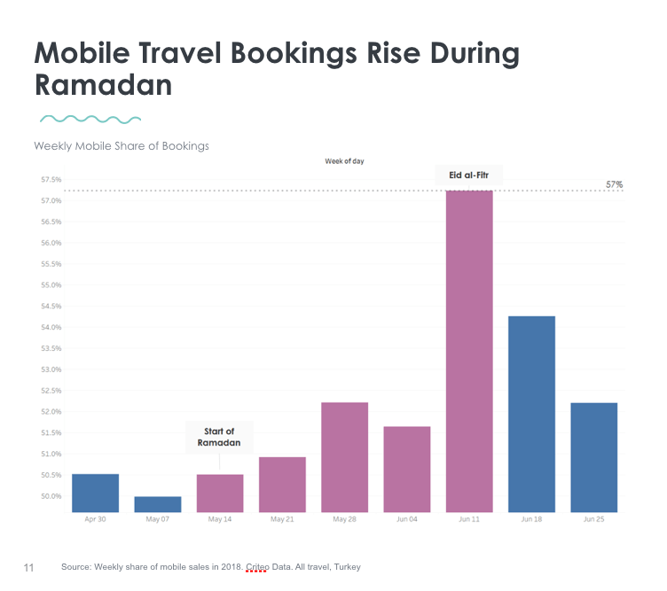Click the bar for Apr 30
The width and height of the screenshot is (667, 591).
(95, 493)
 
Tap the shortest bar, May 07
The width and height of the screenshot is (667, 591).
(157, 504)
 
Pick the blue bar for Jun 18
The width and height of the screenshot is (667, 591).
(531, 414)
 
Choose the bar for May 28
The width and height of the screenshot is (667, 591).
(344, 457)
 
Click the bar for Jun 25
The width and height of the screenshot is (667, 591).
(593, 457)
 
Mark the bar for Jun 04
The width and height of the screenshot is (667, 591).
(406, 469)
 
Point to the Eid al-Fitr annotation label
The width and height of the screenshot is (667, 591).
(468, 176)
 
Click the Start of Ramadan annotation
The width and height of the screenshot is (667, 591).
(219, 437)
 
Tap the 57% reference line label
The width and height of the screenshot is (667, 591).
(614, 184)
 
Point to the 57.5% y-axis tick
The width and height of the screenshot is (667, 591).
(50, 180)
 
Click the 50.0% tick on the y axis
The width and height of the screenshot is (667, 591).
(50, 496)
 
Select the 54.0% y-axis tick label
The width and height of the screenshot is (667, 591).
(50, 328)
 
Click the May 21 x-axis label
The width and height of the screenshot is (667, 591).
(282, 519)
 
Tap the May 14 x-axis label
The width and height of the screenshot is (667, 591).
(219, 519)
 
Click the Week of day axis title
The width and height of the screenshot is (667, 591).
(344, 161)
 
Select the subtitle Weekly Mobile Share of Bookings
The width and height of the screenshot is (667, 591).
(122, 145)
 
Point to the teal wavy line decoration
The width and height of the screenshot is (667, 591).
(90, 118)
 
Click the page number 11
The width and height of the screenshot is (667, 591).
(28, 567)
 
